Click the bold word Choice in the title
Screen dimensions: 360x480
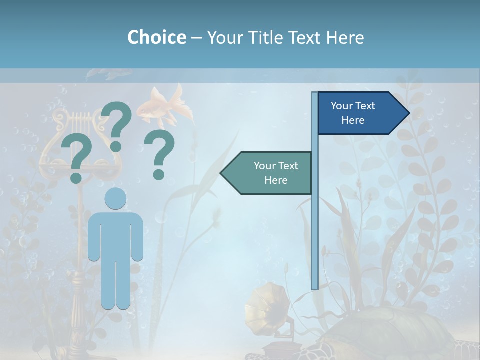coord(156,37)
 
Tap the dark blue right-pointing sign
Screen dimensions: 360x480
coord(357,113)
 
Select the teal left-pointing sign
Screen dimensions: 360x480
coord(270,173)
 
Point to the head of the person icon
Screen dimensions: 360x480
coord(115,198)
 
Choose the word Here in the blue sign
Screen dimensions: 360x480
coord(353,120)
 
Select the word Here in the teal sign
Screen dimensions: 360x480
coord(276,180)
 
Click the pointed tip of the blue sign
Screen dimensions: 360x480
coord(407,113)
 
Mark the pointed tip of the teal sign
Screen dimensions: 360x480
coord(223,173)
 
